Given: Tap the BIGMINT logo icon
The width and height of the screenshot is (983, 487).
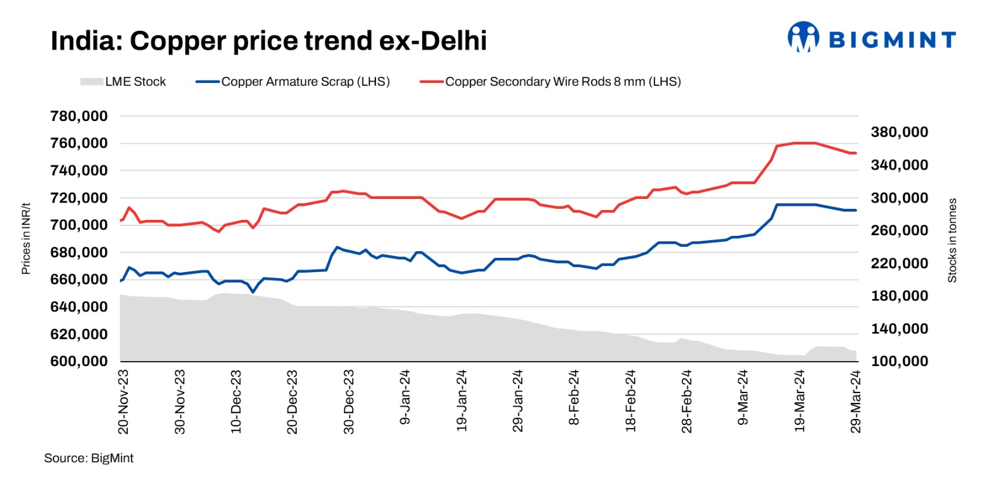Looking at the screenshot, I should click(803, 37).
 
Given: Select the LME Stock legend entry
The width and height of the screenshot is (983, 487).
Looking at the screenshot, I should click(123, 82).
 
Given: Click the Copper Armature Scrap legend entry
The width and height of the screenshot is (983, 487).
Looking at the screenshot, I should click(293, 82).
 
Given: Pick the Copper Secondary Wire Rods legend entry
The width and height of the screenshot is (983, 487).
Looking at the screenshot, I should click(550, 82).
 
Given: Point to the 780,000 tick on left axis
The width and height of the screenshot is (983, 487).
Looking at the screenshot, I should click(79, 116).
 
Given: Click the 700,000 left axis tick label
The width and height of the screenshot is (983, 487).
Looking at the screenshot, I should click(79, 225).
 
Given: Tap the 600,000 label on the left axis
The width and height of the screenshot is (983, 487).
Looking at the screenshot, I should click(79, 361).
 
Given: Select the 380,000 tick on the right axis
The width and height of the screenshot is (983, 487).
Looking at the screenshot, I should click(899, 132).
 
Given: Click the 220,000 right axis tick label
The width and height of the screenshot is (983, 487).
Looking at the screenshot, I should click(899, 263).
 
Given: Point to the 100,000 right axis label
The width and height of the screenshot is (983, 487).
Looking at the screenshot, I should click(899, 361).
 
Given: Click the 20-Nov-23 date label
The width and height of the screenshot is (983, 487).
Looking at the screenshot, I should click(123, 402).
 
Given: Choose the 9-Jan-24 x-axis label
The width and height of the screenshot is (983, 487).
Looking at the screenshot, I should click(405, 397).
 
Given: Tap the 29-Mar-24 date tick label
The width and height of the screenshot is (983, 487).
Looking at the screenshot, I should click(855, 402).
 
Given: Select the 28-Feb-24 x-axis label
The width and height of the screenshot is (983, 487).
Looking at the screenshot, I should click(686, 402).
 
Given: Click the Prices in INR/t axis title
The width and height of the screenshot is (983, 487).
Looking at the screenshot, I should click(26, 238).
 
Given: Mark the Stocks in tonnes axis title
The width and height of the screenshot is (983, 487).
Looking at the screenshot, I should click(952, 240).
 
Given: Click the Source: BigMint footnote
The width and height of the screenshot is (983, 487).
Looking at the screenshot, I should click(88, 458).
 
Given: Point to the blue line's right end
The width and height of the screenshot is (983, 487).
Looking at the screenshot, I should click(855, 211).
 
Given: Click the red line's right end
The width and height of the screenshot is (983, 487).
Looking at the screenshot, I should click(855, 154).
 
